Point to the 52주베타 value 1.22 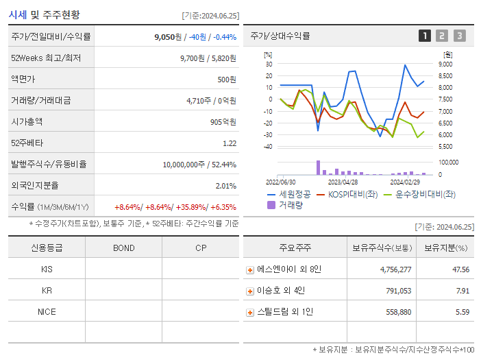230,143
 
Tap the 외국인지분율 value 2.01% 225,185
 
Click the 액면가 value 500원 226,80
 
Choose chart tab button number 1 425,36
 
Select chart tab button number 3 459,36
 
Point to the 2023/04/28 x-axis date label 343,182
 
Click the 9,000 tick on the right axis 445,64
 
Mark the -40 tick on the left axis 268,146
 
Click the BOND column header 123,248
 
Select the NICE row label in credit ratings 47,312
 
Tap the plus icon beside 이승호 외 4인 250,291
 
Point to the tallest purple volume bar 318,167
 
